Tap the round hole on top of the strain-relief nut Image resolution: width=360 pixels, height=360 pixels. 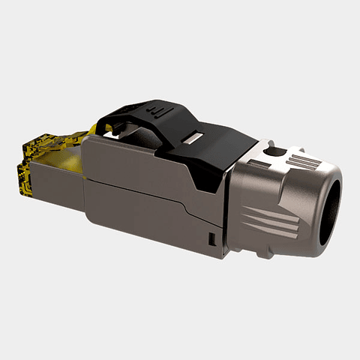pyautogui.click(x=275, y=152)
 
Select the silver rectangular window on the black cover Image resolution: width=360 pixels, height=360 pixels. pyautogui.click(x=193, y=139)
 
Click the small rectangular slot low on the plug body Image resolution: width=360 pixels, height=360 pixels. pyautogui.click(x=211, y=240)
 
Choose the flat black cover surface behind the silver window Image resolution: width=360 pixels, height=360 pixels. pyautogui.click(x=225, y=142)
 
